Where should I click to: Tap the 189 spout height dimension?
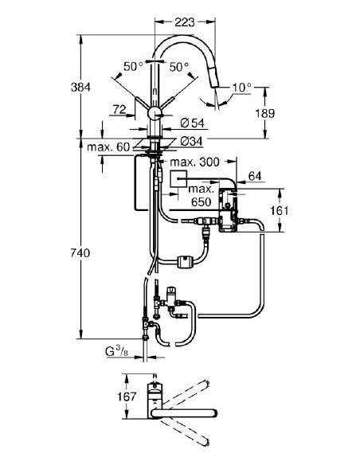(x=269, y=114)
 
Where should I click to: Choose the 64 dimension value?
(x=255, y=175)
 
